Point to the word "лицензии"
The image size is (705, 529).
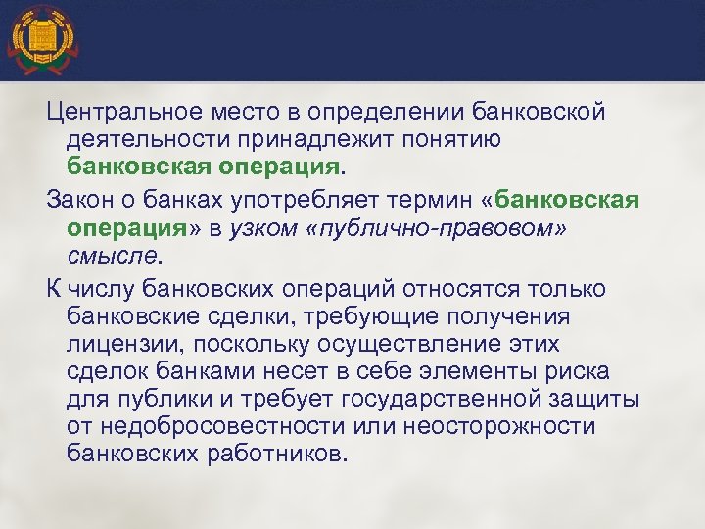[x=120, y=346]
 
